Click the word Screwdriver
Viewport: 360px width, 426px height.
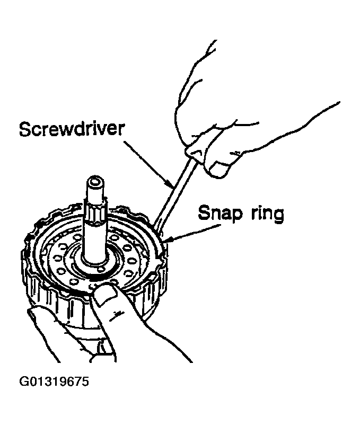pyautogui.click(x=72, y=129)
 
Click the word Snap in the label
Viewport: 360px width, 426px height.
pyautogui.click(x=219, y=214)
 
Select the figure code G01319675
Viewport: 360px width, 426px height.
pyautogui.click(x=54, y=381)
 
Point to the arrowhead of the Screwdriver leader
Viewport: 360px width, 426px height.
pyautogui.click(x=171, y=185)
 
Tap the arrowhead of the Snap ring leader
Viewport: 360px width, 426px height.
pyautogui.click(x=168, y=239)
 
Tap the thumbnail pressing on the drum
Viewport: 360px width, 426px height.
pyautogui.click(x=107, y=295)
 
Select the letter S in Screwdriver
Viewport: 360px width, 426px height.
pyautogui.click(x=24, y=129)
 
